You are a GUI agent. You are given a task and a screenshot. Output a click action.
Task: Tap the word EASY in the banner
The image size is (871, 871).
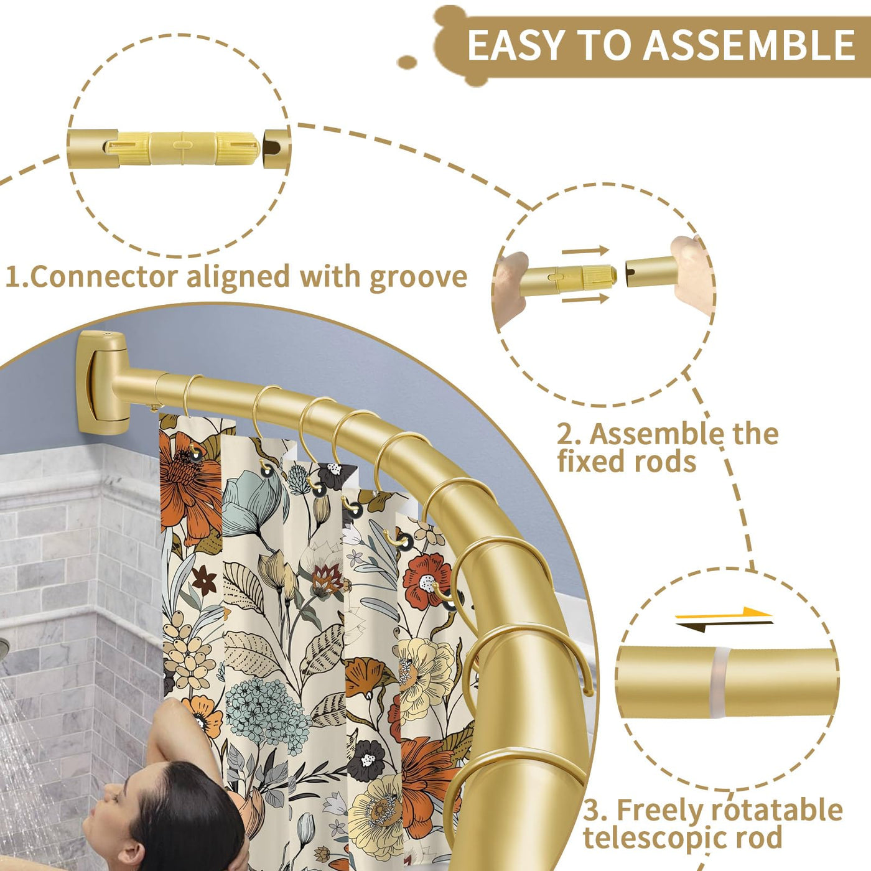point(516,45)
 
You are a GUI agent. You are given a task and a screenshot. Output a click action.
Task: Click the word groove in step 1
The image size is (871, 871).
point(418,277)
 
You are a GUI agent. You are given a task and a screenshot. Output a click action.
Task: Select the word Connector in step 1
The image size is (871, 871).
point(104,276)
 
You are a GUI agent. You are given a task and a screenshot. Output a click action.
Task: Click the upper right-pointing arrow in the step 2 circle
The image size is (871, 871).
point(585,250)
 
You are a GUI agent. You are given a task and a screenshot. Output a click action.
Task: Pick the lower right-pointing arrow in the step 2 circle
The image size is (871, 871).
point(585,298)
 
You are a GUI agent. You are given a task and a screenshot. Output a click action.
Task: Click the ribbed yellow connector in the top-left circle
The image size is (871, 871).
point(183,148)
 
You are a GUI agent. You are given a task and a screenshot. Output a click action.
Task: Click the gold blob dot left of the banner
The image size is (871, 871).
point(408,62)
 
